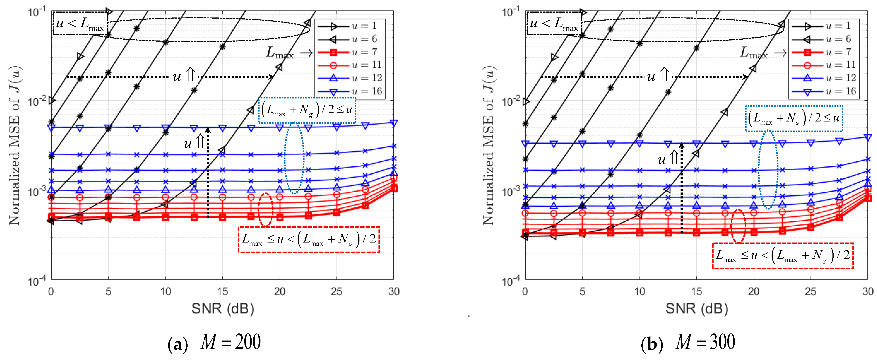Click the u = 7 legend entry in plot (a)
351,52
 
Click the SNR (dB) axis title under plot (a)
223,309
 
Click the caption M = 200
214,343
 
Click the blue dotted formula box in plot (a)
307,110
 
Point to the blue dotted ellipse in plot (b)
768,169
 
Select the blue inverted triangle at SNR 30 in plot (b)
868,137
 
